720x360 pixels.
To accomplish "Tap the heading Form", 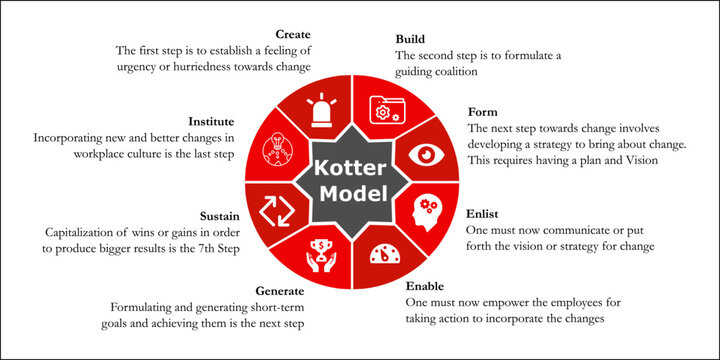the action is (x=482, y=113).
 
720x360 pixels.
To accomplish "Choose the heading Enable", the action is (x=427, y=285).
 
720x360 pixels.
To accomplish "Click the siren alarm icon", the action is (x=322, y=111).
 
